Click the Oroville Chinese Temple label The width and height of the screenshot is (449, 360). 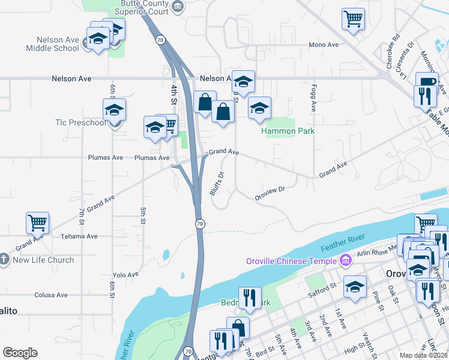click(291, 260)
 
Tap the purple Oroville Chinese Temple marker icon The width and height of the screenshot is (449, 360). click(345, 260)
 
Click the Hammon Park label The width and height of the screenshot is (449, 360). click(288, 131)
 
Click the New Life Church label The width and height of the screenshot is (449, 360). click(43, 260)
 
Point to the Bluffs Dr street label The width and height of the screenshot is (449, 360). click(217, 184)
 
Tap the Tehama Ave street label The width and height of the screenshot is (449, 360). click(79, 236)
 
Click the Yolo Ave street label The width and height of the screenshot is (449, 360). click(125, 274)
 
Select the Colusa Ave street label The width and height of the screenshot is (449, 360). click(52, 295)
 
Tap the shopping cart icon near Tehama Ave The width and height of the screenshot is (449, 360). click(37, 223)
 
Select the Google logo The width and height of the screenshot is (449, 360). click(20, 353)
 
